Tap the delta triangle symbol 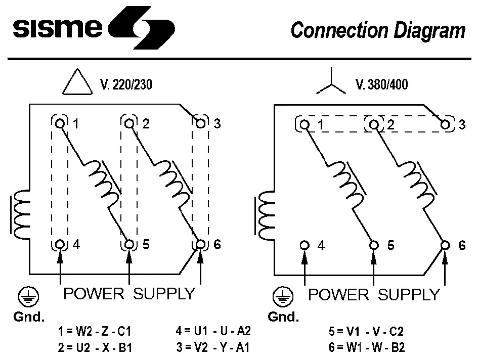click(x=77, y=82)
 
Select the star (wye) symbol click(x=331, y=83)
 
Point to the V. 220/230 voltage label click(x=126, y=84)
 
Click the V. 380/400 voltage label click(x=382, y=84)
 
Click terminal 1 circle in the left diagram click(x=60, y=123)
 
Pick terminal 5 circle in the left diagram click(x=129, y=245)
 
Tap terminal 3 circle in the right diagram click(x=446, y=124)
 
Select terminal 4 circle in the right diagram click(x=305, y=245)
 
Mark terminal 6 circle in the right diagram click(x=446, y=245)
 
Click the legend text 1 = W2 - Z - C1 click(x=96, y=332)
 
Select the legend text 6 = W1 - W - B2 click(x=367, y=348)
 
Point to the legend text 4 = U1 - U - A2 click(x=213, y=332)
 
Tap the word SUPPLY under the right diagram click(x=409, y=294)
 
